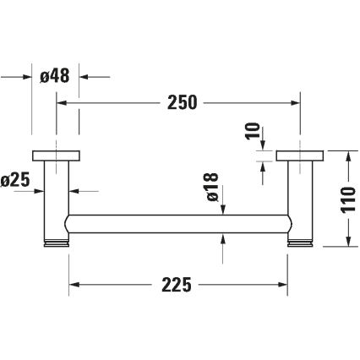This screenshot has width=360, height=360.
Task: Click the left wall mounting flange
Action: (57, 155)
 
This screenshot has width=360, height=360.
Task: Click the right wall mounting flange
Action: (300, 155)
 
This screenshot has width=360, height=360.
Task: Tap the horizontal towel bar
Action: (178, 226)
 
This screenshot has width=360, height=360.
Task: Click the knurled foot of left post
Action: (57, 243)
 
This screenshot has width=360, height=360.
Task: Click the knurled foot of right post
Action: (300, 243)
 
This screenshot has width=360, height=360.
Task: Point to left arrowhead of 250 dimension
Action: (61, 103)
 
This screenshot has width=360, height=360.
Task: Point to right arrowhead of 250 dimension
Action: (296, 103)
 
